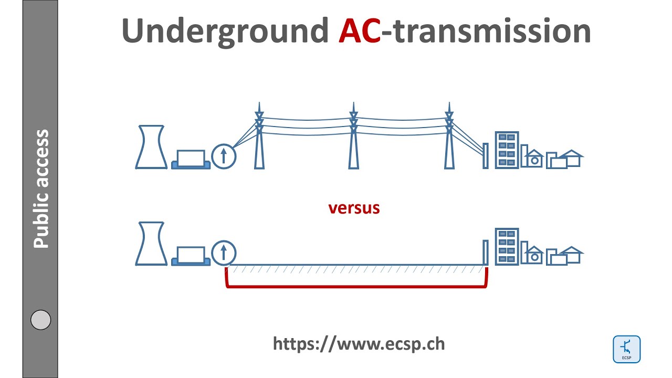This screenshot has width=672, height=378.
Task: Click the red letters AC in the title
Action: pyautogui.click(x=360, y=31)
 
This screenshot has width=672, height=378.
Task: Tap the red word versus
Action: pyautogui.click(x=354, y=208)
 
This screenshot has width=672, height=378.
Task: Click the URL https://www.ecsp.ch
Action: pyautogui.click(x=359, y=343)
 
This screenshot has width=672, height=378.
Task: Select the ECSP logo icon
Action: pyautogui.click(x=626, y=349)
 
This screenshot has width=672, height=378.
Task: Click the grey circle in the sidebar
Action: pyautogui.click(x=41, y=320)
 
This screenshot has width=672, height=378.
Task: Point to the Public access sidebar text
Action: pyautogui.click(x=41, y=189)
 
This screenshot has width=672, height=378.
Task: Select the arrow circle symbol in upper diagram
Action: pyautogui.click(x=224, y=156)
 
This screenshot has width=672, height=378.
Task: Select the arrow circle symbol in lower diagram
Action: pyautogui.click(x=224, y=253)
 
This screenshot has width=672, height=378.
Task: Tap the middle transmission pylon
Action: pyautogui.click(x=354, y=139)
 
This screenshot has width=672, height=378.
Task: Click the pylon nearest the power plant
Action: pyautogui.click(x=259, y=139)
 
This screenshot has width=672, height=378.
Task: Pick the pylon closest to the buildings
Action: pyautogui.click(x=449, y=139)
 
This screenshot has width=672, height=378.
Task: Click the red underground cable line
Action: pyautogui.click(x=357, y=287)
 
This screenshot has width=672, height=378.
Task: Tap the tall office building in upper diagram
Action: pyautogui.click(x=507, y=150)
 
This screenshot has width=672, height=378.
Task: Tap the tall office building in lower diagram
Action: pyautogui.click(x=507, y=246)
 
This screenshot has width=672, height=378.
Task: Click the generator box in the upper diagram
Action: pyautogui.click(x=191, y=159)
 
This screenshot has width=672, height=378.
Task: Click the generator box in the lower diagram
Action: pyautogui.click(x=191, y=256)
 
